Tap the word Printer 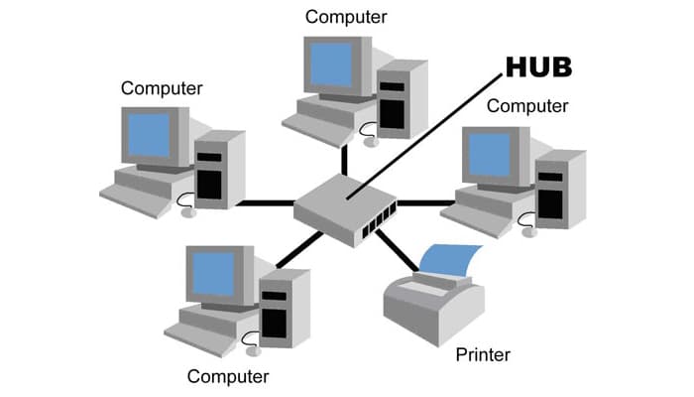(483, 353)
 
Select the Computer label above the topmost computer (346, 16)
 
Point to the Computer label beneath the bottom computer (228, 376)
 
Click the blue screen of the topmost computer (338, 65)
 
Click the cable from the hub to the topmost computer (344, 159)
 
